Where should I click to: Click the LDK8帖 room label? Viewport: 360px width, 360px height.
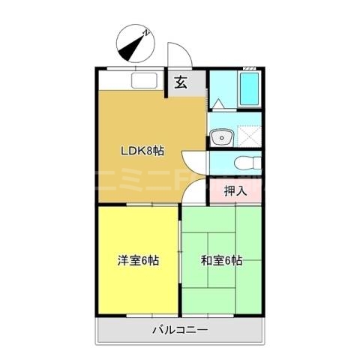tap(142, 150)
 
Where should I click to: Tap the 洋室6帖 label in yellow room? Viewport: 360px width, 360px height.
tap(137, 260)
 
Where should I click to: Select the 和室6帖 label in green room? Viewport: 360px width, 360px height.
tap(220, 260)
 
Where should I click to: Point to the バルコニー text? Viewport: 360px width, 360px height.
tap(180, 328)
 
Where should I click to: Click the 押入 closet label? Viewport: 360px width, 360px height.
tap(236, 190)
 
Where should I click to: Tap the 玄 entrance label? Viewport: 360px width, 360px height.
tap(181, 83)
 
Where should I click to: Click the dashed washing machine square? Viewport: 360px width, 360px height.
tap(248, 135)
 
